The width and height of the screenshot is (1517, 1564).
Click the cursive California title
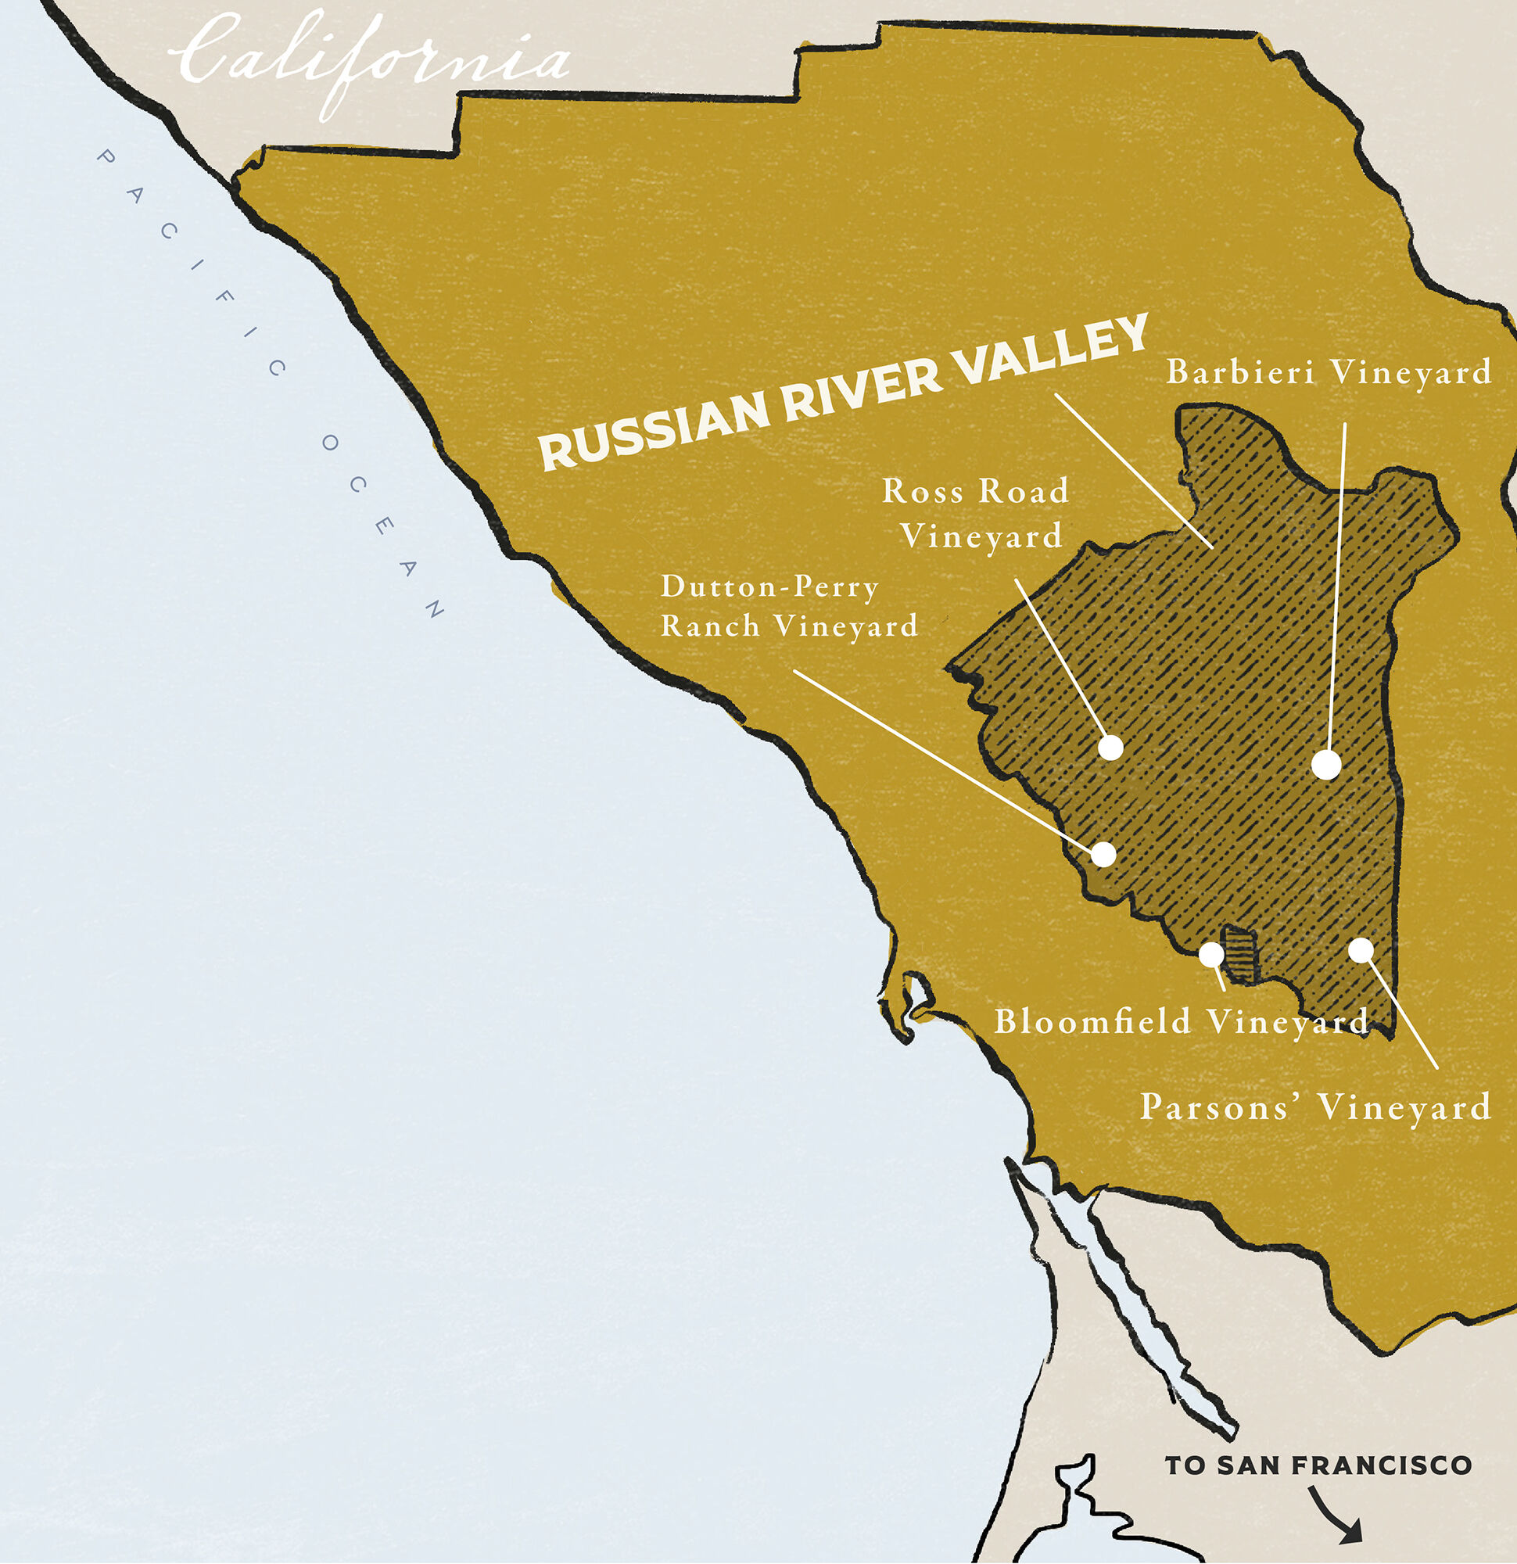tap(371, 60)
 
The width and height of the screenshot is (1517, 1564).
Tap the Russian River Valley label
tap(842, 391)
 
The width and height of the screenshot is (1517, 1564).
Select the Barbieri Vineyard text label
tap(1329, 373)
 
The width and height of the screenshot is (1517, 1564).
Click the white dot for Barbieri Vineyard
tap(1326, 765)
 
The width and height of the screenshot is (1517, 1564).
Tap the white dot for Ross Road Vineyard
tap(1110, 748)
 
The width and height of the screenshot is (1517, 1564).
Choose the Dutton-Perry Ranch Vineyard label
tap(788, 607)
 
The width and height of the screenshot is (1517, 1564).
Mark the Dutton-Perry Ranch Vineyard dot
tap(1103, 854)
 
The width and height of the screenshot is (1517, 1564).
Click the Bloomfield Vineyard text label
tap(1181, 1022)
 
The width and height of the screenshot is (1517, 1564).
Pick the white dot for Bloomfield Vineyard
tap(1210, 953)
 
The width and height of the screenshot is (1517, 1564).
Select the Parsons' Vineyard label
tap(1315, 1107)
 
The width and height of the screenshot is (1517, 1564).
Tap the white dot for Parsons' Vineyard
tap(1361, 949)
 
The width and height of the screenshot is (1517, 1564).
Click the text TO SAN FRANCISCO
tap(1318, 1465)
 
